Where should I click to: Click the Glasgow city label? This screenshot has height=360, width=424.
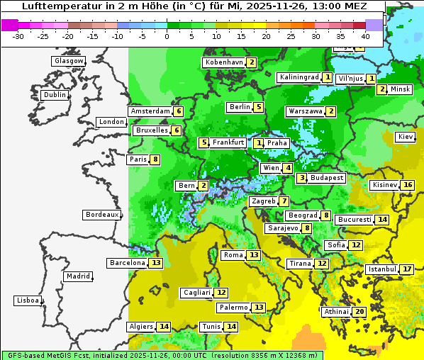(69, 61)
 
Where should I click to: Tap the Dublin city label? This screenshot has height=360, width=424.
(55, 95)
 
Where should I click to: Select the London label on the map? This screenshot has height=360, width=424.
(111, 122)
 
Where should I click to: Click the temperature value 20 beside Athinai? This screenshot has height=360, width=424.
(359, 312)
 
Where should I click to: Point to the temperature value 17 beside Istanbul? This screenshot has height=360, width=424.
(407, 270)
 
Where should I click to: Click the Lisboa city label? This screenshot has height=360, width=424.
(28, 300)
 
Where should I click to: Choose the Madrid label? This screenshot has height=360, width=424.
(78, 276)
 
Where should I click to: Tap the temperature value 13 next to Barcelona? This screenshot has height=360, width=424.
(156, 263)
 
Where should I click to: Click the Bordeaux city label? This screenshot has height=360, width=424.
(102, 215)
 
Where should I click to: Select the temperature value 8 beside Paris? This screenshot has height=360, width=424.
(155, 159)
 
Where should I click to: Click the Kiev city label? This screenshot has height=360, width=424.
(406, 137)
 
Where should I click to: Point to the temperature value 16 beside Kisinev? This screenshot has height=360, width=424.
(407, 186)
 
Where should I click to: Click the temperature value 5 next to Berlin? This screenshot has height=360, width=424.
(259, 108)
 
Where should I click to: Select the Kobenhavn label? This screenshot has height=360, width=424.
(224, 62)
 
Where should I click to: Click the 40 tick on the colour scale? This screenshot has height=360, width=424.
(365, 36)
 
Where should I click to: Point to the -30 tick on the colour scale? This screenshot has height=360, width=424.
(18, 36)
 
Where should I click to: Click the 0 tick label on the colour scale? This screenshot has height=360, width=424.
(167, 36)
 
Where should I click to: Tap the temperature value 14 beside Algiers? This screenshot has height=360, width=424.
(164, 327)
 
